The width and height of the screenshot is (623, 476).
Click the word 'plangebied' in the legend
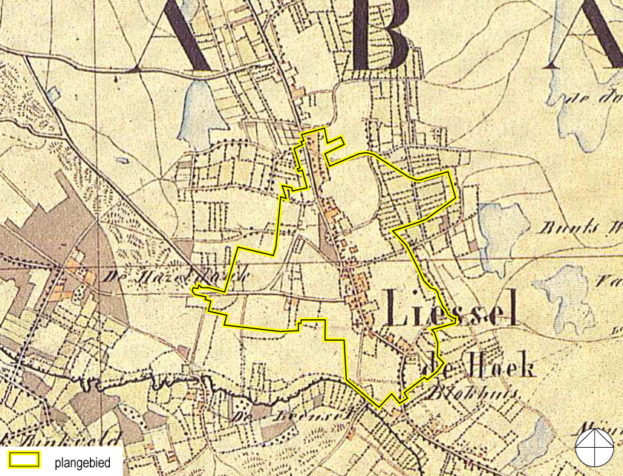[82, 462]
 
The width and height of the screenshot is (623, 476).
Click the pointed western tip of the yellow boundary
[192, 289]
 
